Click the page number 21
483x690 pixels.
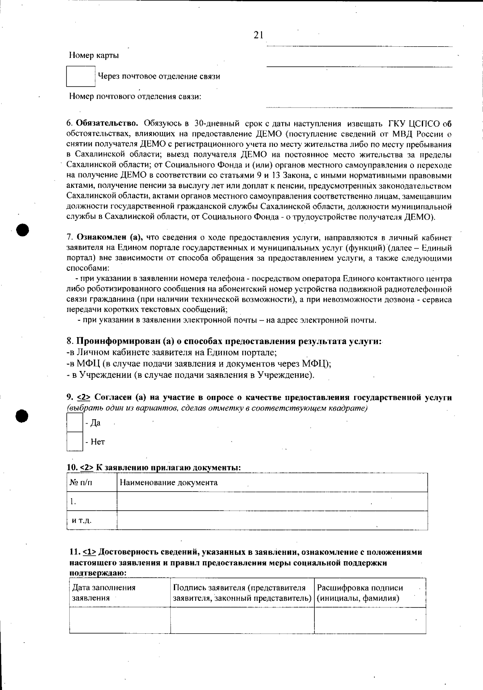point(258,35)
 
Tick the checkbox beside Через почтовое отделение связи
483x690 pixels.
point(80,76)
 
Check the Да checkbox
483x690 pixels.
point(74,423)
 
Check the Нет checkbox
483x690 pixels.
point(74,442)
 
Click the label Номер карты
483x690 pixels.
point(94,56)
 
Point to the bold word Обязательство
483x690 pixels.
point(107,123)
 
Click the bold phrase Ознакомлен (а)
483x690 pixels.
point(110,237)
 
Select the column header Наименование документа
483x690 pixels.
point(169,483)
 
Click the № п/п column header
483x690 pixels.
point(81,483)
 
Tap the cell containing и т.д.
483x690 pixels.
point(82,521)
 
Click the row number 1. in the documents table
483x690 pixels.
point(73,502)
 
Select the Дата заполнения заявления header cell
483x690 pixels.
point(103,593)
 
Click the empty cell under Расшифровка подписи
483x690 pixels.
point(369,620)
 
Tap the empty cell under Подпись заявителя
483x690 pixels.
point(242,620)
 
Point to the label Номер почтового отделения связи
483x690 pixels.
point(135,97)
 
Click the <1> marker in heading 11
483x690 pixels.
point(89,552)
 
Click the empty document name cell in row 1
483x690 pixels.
point(272,502)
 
